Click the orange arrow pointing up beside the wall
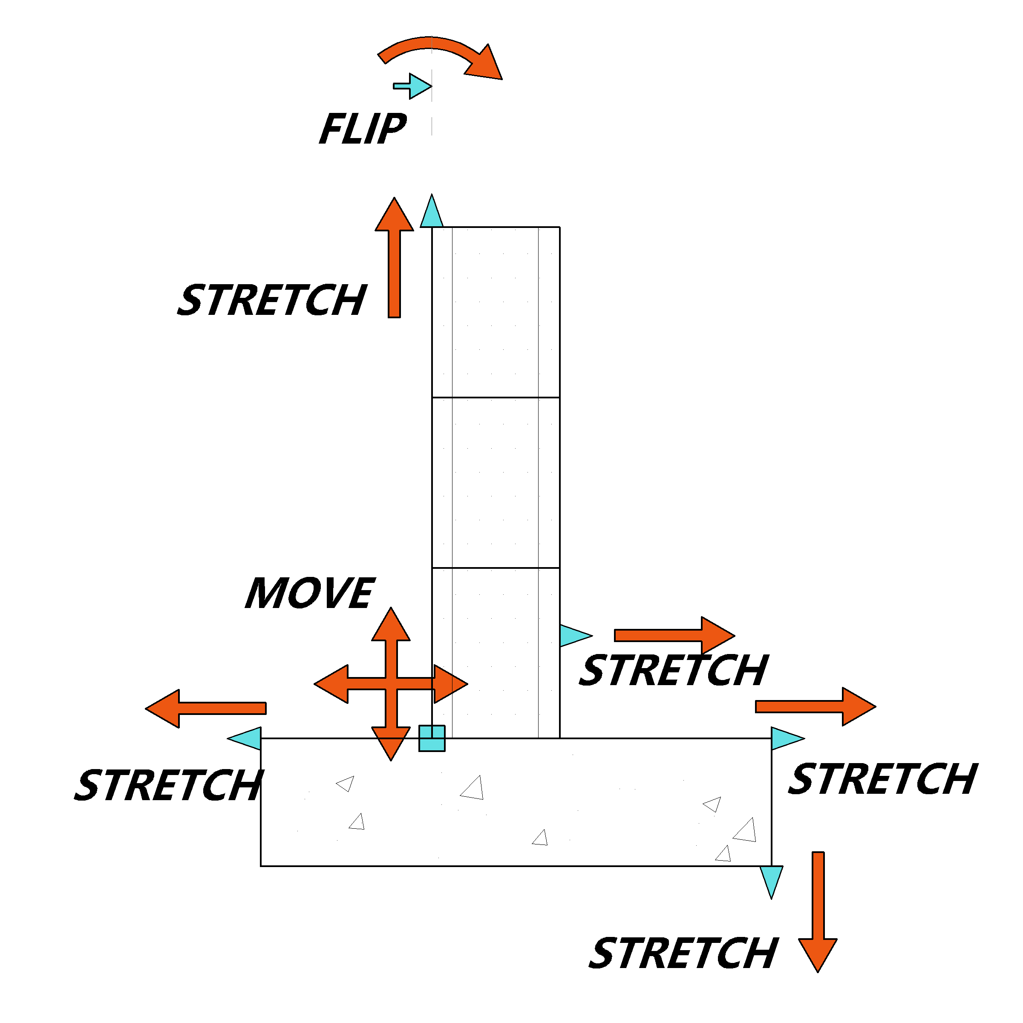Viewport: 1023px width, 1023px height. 394,258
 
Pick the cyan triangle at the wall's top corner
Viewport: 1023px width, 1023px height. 432,212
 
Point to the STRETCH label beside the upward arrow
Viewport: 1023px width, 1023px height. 272,300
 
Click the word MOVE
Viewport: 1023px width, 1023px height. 310,593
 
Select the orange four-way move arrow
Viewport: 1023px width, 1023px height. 391,684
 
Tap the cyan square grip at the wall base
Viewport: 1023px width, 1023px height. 432,738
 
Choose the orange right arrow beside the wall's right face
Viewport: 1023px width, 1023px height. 674,635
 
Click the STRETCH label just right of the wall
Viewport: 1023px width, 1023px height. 674,670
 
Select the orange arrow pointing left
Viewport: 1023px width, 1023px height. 206,709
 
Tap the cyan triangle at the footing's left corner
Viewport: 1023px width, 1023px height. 245,738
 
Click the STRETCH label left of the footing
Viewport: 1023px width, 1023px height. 169,784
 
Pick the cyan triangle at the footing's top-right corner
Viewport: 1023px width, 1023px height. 787,738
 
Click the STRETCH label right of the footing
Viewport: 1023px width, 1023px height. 883,778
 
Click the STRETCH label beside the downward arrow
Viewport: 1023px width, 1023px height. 683,953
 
